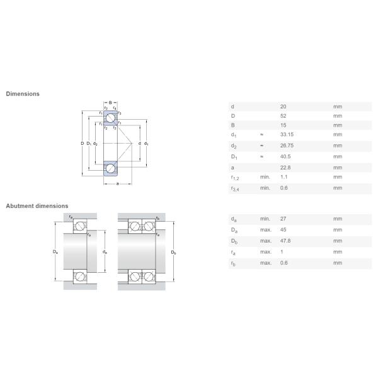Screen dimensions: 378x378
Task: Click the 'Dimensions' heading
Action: [23, 94]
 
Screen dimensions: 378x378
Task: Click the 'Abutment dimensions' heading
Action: [37, 206]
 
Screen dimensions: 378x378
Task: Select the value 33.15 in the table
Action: [287, 135]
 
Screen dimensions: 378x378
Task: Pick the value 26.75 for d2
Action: [287, 146]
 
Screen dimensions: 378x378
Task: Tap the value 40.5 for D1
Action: [285, 156]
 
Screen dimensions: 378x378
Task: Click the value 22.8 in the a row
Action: [285, 168]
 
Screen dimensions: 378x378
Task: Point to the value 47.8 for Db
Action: [285, 241]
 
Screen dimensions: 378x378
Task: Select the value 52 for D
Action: [283, 116]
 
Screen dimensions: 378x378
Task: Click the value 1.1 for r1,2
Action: [283, 177]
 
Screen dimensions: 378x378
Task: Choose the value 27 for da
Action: [283, 219]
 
